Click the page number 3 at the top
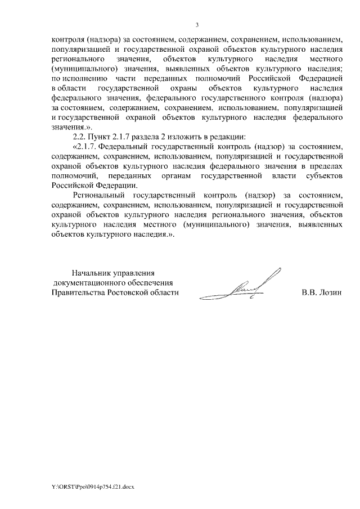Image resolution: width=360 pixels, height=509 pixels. point(196,25)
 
